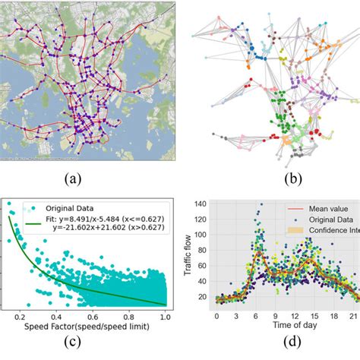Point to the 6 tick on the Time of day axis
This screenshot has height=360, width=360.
258,314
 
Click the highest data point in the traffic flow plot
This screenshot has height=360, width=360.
261,204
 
